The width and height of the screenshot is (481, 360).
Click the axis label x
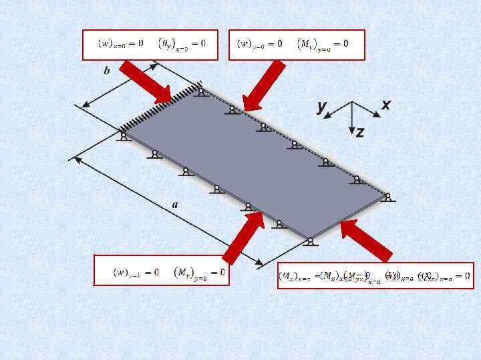pos(386,105)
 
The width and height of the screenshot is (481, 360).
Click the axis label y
pos(322,106)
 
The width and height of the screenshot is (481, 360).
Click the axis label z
pos(360,133)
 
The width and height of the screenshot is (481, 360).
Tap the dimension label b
pos(107,71)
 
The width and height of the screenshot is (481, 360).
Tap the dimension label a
pos(175,204)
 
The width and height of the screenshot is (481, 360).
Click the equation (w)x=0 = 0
pos(120,43)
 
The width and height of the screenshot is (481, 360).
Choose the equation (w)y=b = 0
pos(136,272)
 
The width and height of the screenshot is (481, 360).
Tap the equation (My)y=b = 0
pos(198,273)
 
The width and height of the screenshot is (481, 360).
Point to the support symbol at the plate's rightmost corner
pos(388,197)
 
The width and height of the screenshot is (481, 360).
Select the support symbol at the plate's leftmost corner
pos(123,136)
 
